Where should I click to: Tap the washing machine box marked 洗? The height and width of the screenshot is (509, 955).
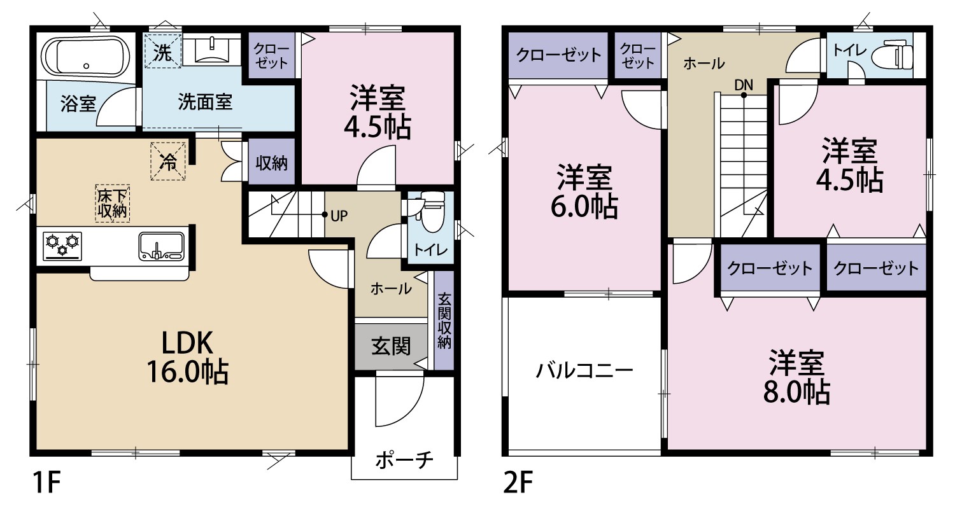point(162,52)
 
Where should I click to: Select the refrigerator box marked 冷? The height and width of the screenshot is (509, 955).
point(168,162)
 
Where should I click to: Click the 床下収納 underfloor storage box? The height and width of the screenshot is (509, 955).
point(112,204)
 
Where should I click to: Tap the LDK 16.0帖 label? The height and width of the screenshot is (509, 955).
point(187,358)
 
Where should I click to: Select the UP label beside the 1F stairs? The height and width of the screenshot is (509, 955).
point(339,216)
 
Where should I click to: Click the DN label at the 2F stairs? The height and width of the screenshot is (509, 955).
point(744,85)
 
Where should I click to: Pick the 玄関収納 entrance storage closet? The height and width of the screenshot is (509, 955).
point(444,320)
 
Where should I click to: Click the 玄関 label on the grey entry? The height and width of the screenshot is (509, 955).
point(391,346)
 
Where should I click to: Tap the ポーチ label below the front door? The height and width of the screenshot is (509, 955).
point(404,460)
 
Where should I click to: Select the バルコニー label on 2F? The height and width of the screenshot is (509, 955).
point(584,370)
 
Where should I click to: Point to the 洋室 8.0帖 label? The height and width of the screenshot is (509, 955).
point(796,377)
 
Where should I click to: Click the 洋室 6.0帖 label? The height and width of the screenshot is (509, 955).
point(584,192)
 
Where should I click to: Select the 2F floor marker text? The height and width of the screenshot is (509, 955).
point(518,482)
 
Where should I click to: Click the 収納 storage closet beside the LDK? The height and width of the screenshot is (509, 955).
point(272,162)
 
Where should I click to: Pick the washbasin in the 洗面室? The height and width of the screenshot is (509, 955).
point(211,50)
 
